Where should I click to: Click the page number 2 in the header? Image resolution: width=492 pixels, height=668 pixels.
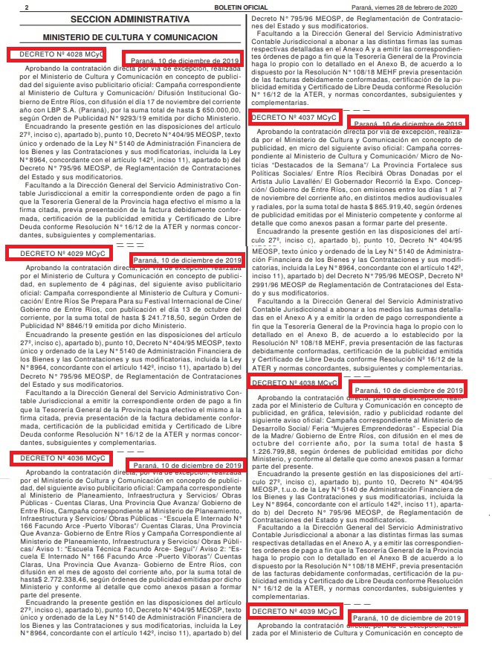pyautogui.click(x=26, y=7)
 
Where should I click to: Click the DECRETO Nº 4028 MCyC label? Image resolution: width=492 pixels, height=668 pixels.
pyautogui.click(x=55, y=54)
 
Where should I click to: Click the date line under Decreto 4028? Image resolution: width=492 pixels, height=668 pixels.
pyautogui.click(x=186, y=60)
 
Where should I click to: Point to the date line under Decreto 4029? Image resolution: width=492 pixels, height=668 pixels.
pyautogui.click(x=187, y=260)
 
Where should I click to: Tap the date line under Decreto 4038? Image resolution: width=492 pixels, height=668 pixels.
pyautogui.click(x=409, y=390)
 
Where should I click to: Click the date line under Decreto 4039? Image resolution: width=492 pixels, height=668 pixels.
pyautogui.click(x=408, y=618)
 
